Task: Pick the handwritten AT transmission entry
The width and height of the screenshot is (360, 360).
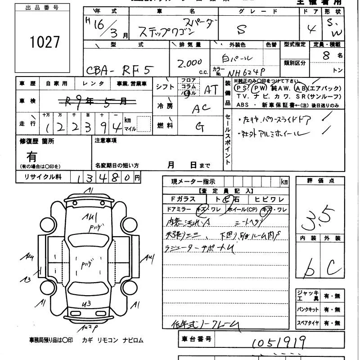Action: pos(211,89)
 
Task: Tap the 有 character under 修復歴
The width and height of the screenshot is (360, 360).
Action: pos(32,157)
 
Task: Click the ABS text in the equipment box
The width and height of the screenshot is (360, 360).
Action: pos(243,105)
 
